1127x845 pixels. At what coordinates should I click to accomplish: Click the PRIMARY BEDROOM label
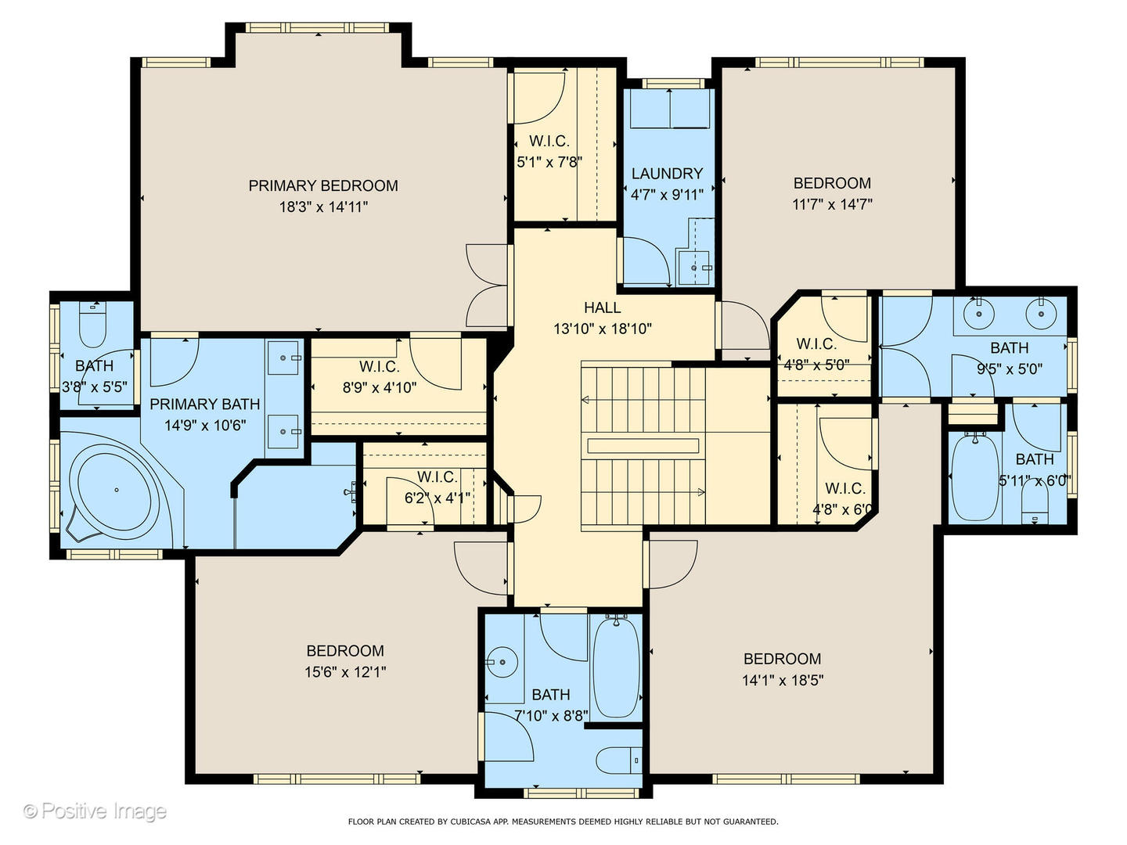coord(323,185)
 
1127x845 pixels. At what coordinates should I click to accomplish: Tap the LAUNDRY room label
coord(667,174)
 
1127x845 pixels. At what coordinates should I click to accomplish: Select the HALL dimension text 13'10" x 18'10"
coord(602,329)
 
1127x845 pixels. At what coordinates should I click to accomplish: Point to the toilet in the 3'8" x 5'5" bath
coord(93,329)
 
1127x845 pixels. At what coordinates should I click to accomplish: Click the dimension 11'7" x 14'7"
coord(832,204)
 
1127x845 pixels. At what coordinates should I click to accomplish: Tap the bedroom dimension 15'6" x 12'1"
coord(345,671)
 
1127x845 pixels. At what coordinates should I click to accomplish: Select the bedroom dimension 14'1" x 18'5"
coord(782,680)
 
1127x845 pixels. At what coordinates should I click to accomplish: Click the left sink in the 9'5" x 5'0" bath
coord(978,315)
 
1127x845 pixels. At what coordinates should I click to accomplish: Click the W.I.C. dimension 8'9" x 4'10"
coord(379,387)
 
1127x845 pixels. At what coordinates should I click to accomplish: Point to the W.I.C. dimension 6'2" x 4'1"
coord(437,497)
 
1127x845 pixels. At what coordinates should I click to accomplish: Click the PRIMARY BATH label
coord(204,404)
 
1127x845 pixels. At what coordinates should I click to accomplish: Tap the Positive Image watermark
coord(95,811)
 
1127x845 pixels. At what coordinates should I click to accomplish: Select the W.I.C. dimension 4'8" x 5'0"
coord(816,364)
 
